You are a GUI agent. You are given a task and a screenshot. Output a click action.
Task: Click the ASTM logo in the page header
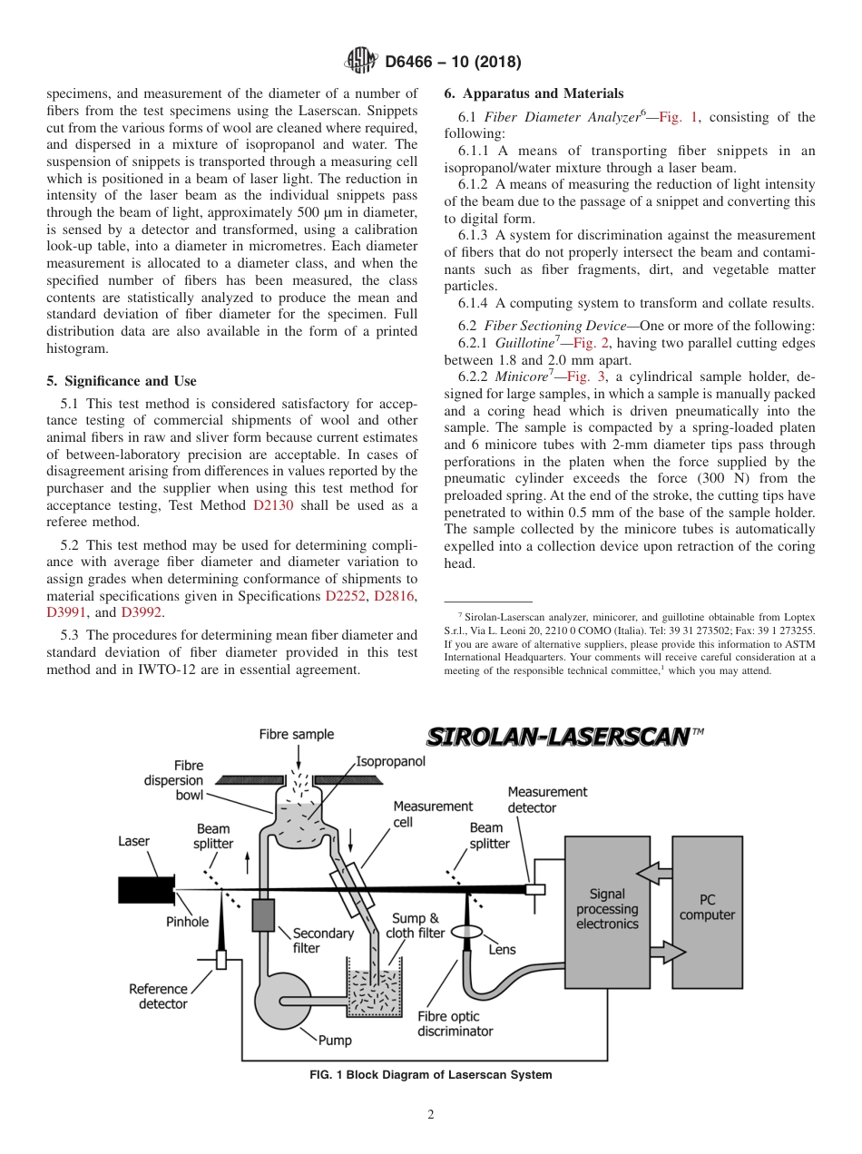click(x=361, y=62)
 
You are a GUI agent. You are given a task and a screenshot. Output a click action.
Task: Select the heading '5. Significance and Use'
click(x=121, y=381)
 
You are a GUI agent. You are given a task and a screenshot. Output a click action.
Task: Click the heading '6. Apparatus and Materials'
click(x=534, y=93)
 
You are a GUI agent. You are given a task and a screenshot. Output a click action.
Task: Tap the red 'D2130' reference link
click(x=273, y=505)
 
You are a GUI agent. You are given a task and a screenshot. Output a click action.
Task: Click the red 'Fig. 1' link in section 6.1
click(x=679, y=117)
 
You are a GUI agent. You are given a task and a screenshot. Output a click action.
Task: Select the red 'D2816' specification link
click(x=394, y=595)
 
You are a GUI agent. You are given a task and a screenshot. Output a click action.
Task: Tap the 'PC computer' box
click(x=707, y=907)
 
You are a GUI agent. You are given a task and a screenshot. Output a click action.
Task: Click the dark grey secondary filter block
click(x=263, y=914)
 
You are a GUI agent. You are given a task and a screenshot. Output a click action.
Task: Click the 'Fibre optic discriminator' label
click(x=455, y=1024)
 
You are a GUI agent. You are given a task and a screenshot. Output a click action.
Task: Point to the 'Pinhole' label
click(x=187, y=922)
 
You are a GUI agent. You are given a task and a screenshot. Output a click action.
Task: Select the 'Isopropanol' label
click(x=390, y=762)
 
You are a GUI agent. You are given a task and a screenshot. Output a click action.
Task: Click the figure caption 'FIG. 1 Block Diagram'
click(x=430, y=1075)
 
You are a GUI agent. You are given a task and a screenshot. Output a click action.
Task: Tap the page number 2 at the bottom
click(x=430, y=1115)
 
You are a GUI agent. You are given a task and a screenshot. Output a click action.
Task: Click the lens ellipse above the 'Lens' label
click(x=468, y=931)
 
